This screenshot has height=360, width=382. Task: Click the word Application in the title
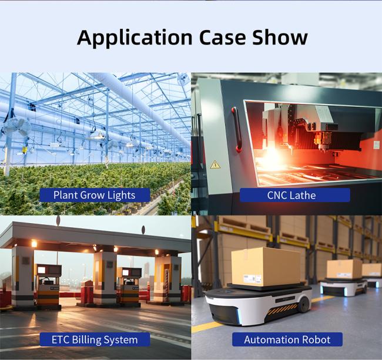pyautogui.click(x=135, y=38)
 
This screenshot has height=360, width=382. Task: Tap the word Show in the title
pyautogui.click(x=280, y=37)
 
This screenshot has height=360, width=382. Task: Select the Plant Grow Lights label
pyautogui.click(x=95, y=195)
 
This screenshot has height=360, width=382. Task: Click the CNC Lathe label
pyautogui.click(x=295, y=195)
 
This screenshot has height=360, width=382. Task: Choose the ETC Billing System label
pyautogui.click(x=95, y=339)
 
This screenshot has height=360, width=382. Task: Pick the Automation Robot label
pyautogui.click(x=287, y=339)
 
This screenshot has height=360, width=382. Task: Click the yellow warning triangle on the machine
pyautogui.click(x=215, y=165)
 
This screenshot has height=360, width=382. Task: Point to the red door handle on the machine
pyautogui.click(x=237, y=130)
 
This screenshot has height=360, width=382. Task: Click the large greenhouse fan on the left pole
pyautogui.click(x=17, y=127)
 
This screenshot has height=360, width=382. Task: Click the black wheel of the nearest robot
pyautogui.click(x=304, y=304)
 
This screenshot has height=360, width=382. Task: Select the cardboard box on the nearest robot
pyautogui.click(x=266, y=266)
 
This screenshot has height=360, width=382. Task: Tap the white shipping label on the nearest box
pyautogui.click(x=253, y=278)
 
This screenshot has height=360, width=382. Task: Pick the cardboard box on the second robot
pyautogui.click(x=344, y=269)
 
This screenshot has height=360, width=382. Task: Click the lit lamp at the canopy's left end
pyautogui.click(x=34, y=243)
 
